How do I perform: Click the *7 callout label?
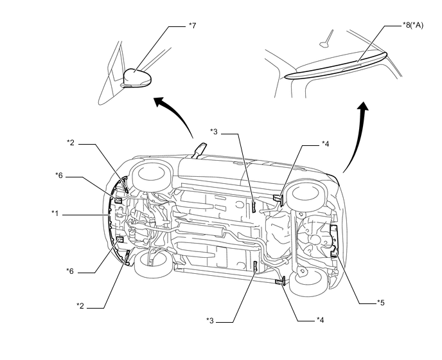click(x=192, y=26)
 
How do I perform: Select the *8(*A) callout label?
click(x=413, y=25)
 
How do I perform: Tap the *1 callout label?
click(x=55, y=213)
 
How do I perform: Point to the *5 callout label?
click(x=381, y=303)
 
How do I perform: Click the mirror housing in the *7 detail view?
click(x=137, y=76)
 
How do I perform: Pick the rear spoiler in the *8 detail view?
click(x=336, y=65)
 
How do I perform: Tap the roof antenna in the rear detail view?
click(x=327, y=39)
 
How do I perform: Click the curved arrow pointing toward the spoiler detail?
click(x=357, y=136)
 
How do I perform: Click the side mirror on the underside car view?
click(x=199, y=150)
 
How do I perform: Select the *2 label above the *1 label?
click(x=71, y=143)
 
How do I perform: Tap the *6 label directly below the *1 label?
click(x=70, y=271)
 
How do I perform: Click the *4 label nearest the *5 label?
click(x=320, y=320)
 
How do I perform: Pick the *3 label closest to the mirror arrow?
click(x=214, y=132)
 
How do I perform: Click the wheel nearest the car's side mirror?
click(x=152, y=175)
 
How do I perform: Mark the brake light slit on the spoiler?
click(x=351, y=67)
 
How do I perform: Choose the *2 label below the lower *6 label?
click(x=80, y=306)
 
